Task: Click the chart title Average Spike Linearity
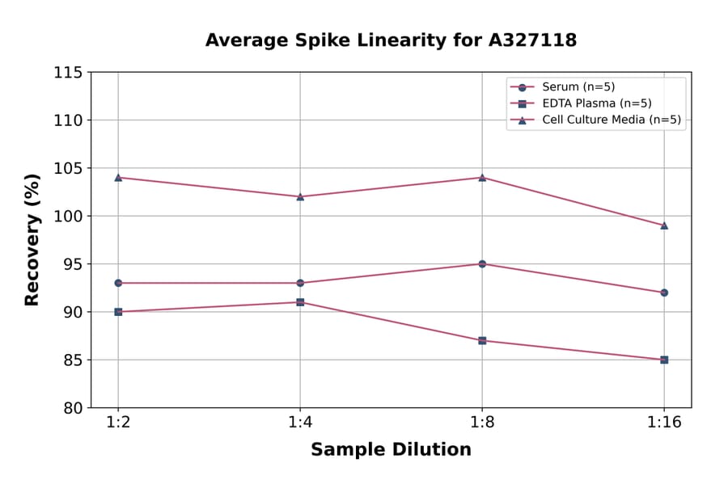[x=391, y=40]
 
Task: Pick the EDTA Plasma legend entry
[x=596, y=103]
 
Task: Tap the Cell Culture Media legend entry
[x=611, y=120]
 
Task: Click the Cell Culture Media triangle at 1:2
[x=118, y=177]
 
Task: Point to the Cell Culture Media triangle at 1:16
[x=664, y=225]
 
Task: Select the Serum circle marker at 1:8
[x=482, y=263]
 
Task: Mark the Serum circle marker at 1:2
[x=118, y=283]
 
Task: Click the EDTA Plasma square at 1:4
[x=300, y=302]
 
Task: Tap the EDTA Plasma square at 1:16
[x=664, y=360]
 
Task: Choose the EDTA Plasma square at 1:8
[x=482, y=340]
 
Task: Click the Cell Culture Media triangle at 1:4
[x=300, y=196]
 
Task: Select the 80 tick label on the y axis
[x=73, y=408]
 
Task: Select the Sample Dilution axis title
[x=391, y=450]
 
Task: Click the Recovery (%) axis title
[x=32, y=240]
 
